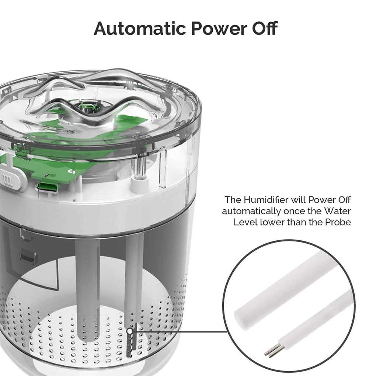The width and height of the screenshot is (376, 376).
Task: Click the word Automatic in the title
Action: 140,28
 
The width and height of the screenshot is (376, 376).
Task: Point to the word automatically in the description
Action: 251,211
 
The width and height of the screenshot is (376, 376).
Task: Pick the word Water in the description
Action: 337,211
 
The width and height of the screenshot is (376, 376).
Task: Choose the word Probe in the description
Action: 338,222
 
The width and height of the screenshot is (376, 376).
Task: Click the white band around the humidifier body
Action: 96,206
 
